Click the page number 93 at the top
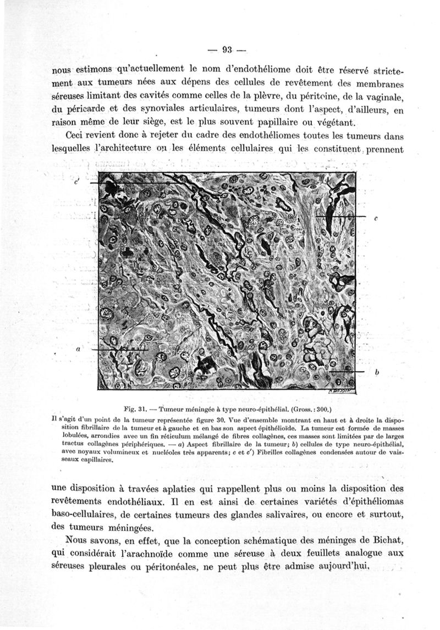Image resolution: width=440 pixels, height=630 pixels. pyautogui.click(x=226, y=51)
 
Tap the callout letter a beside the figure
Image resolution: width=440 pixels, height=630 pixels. pyautogui.click(x=79, y=349)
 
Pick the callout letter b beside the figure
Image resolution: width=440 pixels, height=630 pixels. pyautogui.click(x=377, y=372)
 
